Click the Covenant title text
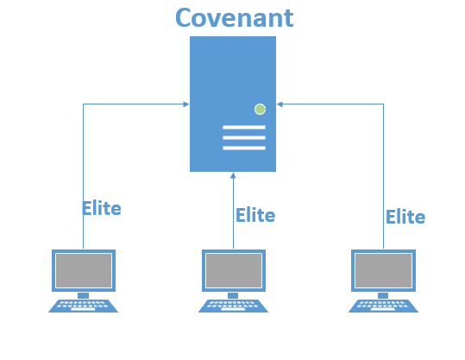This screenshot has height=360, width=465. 235,18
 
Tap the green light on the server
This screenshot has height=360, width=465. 260,110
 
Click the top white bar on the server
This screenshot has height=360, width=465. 244,127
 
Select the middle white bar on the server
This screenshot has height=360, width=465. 244,138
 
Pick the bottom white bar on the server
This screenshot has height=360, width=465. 244,148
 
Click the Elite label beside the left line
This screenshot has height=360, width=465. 102,208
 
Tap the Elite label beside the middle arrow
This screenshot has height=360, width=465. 255,215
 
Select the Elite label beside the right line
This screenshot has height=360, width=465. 405,217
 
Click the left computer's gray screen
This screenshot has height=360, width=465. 84,270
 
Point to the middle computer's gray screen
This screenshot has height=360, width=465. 234,270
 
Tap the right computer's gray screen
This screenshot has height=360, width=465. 383,270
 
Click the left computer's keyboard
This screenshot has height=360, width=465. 84,306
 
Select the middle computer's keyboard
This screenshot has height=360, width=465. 234,306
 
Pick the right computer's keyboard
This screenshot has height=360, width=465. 383,306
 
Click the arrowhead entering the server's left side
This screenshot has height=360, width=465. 186,104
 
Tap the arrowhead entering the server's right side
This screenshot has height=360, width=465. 280,104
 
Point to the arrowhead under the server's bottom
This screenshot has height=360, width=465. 233,175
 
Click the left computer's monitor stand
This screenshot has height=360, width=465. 84,295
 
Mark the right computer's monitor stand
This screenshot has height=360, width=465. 383,295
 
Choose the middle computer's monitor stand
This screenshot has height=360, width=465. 233,295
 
